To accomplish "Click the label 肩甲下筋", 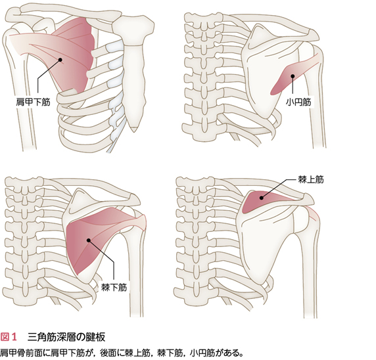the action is [x=33, y=102].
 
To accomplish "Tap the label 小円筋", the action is [x=298, y=102].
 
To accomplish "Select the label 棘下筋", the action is [x=114, y=287].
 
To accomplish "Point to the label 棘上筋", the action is [x=311, y=179].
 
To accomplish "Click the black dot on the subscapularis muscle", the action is [x=60, y=59].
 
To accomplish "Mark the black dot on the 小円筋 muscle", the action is [x=293, y=76].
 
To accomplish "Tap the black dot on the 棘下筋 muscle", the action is [x=89, y=240].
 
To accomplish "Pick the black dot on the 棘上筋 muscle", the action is [x=262, y=198].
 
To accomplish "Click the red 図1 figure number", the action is [x=9, y=337].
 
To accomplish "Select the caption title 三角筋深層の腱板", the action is [x=66, y=337].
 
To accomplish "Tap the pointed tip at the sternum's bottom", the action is [x=134, y=131].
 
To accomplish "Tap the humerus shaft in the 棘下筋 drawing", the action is [x=138, y=271].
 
